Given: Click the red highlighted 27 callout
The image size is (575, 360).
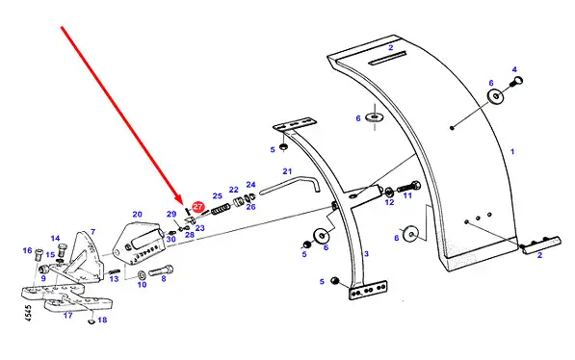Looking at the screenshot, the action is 198,206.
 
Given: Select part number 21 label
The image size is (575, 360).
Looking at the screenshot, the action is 287,171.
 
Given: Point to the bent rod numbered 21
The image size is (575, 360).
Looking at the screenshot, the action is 290,185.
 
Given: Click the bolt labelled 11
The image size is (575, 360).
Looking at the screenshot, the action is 408,187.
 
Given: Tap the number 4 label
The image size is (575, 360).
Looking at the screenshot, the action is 514,69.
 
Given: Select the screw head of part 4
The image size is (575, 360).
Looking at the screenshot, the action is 518,80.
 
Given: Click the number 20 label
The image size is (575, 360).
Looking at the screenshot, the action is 137,214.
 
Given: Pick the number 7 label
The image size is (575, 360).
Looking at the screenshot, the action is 93,232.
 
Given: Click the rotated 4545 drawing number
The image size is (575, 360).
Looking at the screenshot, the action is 29,313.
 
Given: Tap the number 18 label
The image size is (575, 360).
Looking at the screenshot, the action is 102,320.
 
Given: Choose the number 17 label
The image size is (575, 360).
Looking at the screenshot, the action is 67,315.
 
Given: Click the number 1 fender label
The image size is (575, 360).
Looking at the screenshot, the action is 512,151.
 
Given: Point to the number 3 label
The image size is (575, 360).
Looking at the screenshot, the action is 366,254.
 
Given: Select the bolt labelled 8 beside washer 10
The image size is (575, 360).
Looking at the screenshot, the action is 161,270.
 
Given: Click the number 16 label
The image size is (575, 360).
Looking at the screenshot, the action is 28,250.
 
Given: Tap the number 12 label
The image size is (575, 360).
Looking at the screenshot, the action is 389,202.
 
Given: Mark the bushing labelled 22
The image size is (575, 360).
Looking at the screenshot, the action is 239,202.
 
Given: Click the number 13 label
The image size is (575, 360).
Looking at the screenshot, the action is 114,279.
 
